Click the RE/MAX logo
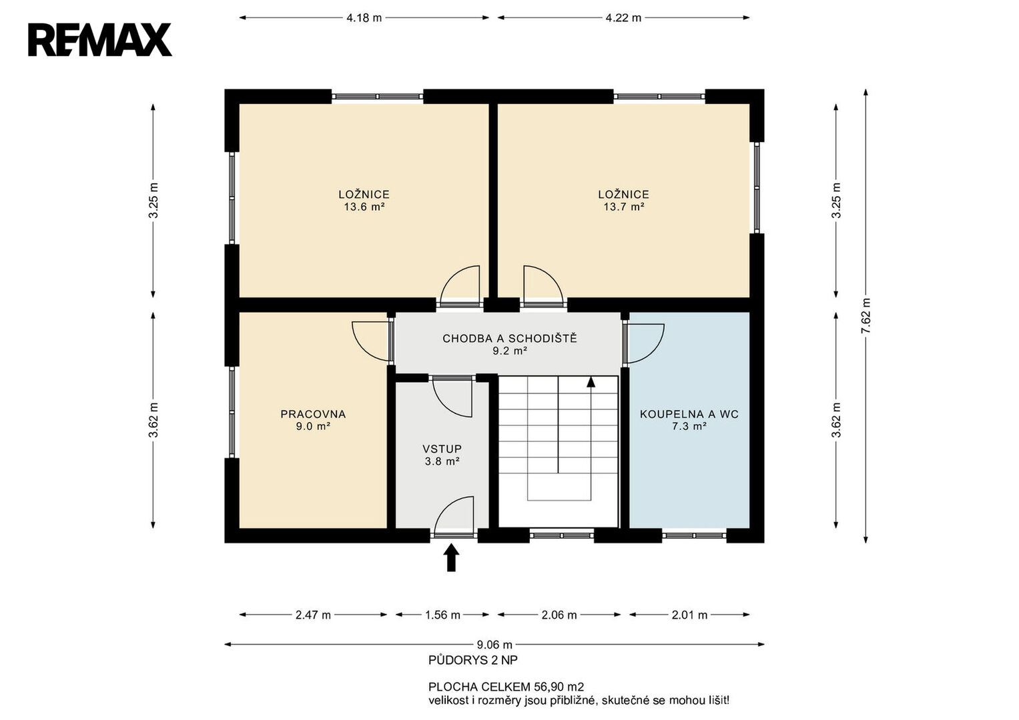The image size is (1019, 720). coord(100,39)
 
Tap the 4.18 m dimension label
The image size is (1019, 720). coord(364,18)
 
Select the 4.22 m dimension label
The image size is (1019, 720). coord(623,18)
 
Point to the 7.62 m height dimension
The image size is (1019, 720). coord(866,316)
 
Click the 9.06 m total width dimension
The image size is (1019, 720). coord(494,645)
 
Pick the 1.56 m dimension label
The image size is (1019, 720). coord(442,615)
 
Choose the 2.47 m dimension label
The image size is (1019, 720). coord(313,615)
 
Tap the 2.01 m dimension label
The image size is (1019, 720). coord(689,615)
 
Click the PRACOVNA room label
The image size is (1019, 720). coord(313,414)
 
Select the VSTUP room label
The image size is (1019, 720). coord(442,449)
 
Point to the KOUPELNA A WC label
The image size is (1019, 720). coord(689,414)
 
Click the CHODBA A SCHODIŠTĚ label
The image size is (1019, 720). coord(510,338)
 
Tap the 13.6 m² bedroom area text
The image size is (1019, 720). coord(364,207)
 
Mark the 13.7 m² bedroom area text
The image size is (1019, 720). coord(624,207)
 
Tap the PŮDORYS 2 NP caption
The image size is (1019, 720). coord(473,661)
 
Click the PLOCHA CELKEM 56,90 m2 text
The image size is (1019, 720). coord(506,687)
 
